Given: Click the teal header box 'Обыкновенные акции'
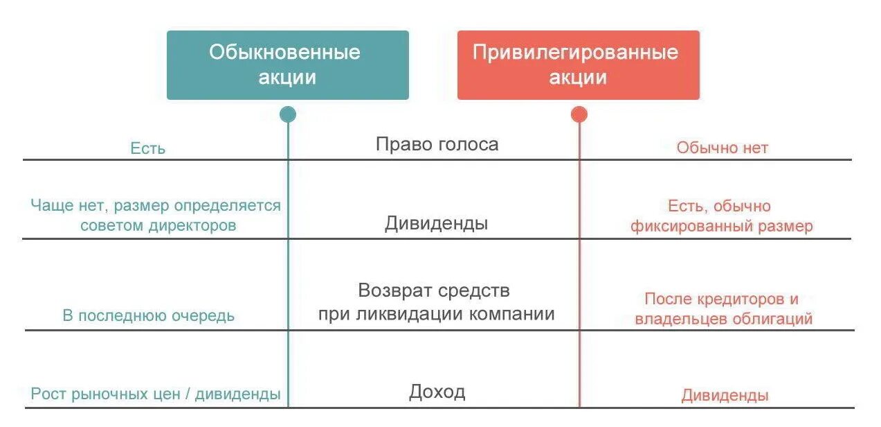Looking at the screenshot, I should click(x=287, y=64).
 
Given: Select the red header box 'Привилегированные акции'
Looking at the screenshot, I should click(x=578, y=64).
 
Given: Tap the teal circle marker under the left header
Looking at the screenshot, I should click(x=288, y=114).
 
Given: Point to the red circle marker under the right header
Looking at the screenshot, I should click(x=579, y=114).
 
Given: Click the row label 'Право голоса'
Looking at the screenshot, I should click(x=437, y=144).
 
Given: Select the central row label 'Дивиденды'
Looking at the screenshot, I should click(x=436, y=223).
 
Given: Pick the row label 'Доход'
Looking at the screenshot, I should click(x=437, y=392).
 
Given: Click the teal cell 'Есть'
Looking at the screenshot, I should click(x=147, y=148).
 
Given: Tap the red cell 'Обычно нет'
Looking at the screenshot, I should click(x=722, y=148).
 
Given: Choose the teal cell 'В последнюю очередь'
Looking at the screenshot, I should click(x=148, y=316).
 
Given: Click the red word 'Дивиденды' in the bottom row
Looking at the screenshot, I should click(x=725, y=396).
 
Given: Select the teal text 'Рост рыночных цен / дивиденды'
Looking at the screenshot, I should click(x=156, y=394).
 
